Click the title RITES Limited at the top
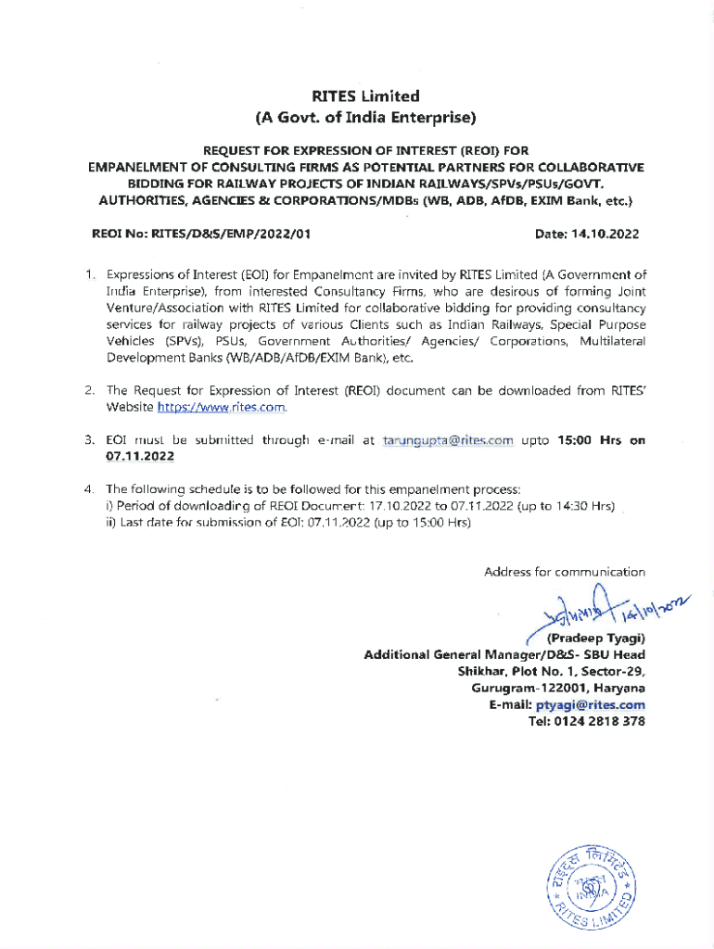tap(365, 95)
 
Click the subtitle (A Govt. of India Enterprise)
tap(365, 118)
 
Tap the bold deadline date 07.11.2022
tap(140, 456)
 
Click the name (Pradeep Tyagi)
tap(596, 639)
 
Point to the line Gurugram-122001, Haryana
tap(558, 688)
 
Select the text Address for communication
tap(564, 572)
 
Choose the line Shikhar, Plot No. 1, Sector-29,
tap(551, 671)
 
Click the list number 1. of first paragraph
tap(89, 274)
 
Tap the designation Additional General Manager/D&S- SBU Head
tap(504, 654)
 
